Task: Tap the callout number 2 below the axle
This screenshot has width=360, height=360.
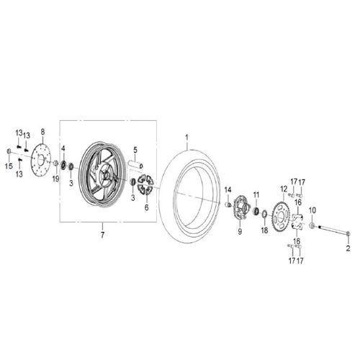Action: (347, 248)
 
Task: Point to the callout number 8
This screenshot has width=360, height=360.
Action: (42, 132)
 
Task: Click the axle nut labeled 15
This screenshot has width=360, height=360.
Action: (9, 152)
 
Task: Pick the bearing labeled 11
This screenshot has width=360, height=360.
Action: (256, 210)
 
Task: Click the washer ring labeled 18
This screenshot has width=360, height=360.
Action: (265, 214)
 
